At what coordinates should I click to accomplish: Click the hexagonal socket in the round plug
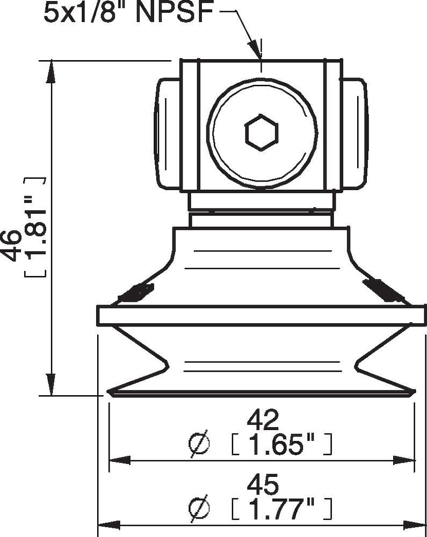click(261, 132)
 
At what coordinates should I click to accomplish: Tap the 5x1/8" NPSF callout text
click(129, 13)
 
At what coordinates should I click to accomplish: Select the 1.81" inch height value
click(35, 227)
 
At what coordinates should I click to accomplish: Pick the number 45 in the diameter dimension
click(263, 484)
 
